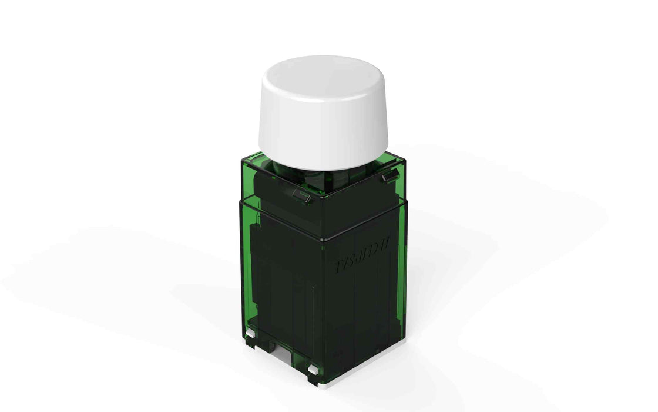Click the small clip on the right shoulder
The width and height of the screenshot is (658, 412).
point(387,176)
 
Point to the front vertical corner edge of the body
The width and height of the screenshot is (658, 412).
point(323,306)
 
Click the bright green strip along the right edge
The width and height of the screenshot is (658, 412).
point(403,265)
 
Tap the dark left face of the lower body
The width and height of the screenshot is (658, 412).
point(282,283)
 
